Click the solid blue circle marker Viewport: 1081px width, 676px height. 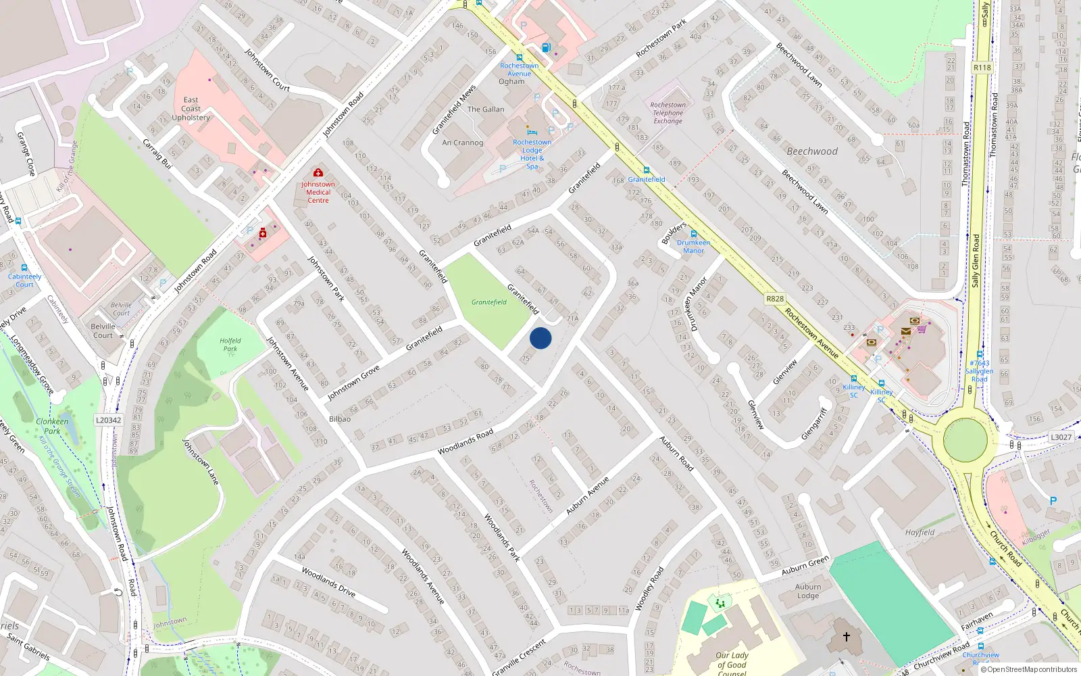pyautogui.click(x=540, y=338)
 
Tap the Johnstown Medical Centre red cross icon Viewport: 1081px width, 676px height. pyautogui.click(x=318, y=173)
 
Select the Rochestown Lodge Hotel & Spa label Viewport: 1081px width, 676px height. pyautogui.click(x=532, y=154)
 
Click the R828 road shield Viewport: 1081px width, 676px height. pyautogui.click(x=775, y=299)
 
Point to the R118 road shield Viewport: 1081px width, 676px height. pyautogui.click(x=982, y=68)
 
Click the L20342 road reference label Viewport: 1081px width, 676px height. pyautogui.click(x=108, y=420)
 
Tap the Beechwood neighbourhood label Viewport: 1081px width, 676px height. pyautogui.click(x=812, y=151)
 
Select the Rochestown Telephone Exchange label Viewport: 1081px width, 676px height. pyautogui.click(x=668, y=113)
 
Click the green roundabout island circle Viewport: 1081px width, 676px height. pyautogui.click(x=965, y=440)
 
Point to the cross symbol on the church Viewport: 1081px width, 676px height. pyautogui.click(x=846, y=636)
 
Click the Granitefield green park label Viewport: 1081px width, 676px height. pyautogui.click(x=489, y=302)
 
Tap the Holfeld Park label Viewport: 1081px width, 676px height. pyautogui.click(x=230, y=345)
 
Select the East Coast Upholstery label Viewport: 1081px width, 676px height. pyautogui.click(x=191, y=109)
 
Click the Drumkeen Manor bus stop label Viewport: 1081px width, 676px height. pyautogui.click(x=694, y=246)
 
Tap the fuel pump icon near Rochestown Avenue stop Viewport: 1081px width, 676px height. pyautogui.click(x=546, y=47)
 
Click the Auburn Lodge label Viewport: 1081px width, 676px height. pyautogui.click(x=808, y=591)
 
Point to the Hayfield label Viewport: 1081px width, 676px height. pyautogui.click(x=920, y=533)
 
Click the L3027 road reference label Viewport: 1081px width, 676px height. pyautogui.click(x=1061, y=437)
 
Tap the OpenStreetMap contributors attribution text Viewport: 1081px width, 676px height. pyautogui.click(x=1029, y=670)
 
